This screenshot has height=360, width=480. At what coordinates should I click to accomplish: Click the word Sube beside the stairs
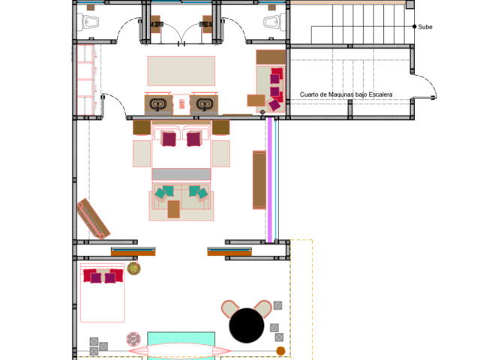[x=425, y=27]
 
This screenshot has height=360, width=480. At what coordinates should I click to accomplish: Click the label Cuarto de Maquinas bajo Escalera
[x=346, y=94]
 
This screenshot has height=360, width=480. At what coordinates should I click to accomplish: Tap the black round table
[x=247, y=325]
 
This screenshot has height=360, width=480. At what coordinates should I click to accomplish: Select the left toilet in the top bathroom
[x=88, y=22]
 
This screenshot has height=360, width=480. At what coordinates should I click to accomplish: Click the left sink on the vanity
[x=158, y=104]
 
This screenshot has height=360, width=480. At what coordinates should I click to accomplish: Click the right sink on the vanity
[x=205, y=104]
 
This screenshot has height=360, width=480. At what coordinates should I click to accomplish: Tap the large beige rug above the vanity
[x=181, y=71]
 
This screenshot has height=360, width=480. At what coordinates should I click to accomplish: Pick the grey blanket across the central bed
[x=181, y=174]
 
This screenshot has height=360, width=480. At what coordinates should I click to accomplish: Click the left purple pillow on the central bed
[x=169, y=139]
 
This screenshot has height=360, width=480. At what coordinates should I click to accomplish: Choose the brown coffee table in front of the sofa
[x=173, y=209]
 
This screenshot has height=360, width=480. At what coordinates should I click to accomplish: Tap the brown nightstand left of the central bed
[x=142, y=127]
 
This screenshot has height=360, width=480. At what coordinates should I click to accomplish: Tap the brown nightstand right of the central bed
[x=220, y=127]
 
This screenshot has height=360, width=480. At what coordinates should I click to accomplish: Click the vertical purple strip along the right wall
[x=270, y=180]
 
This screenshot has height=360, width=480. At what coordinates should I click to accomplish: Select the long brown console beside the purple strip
[x=259, y=180]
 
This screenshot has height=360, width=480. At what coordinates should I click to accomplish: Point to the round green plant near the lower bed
[x=133, y=268]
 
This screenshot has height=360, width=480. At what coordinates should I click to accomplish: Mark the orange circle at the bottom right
[x=280, y=351]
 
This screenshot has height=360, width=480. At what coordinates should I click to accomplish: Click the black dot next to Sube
[x=415, y=27]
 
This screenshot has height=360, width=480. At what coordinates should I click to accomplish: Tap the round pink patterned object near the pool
[x=133, y=340]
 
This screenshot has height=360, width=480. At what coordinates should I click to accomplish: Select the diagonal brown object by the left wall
[x=93, y=218]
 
